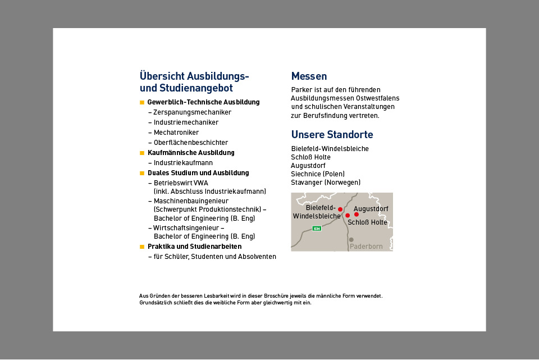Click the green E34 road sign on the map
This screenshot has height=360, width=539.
317,229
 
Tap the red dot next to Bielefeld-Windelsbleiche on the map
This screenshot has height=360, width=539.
340,209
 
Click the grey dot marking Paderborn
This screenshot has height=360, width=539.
351,240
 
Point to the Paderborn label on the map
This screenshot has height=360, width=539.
366,247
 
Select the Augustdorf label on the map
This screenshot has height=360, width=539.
371,209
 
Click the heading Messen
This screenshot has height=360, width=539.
309,76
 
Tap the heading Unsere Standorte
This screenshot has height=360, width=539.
332,135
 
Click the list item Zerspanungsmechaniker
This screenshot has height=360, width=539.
193,112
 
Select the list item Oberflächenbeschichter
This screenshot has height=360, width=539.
191,143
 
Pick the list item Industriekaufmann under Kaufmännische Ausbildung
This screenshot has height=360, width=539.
183,163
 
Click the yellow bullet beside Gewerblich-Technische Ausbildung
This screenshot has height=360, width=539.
142,102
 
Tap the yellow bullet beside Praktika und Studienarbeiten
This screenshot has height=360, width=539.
142,247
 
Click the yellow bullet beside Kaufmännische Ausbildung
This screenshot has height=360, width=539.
142,153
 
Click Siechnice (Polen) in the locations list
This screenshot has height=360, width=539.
318,174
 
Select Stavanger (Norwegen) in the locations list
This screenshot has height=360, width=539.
326,183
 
